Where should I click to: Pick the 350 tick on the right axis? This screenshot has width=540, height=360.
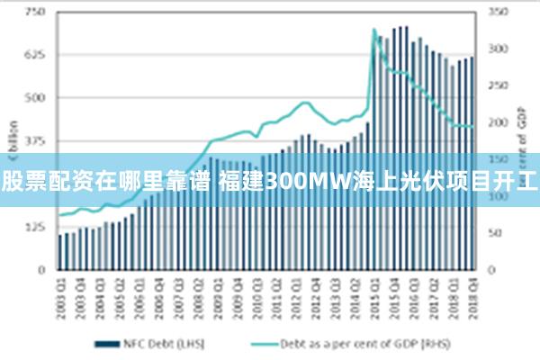coord(499,12)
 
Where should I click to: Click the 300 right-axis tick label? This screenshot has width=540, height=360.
coord(499,49)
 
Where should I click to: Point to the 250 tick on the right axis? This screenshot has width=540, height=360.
coord(499,85)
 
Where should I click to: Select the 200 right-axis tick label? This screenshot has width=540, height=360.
coord(499,122)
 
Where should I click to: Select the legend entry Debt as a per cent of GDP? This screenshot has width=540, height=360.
coord(348,343)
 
